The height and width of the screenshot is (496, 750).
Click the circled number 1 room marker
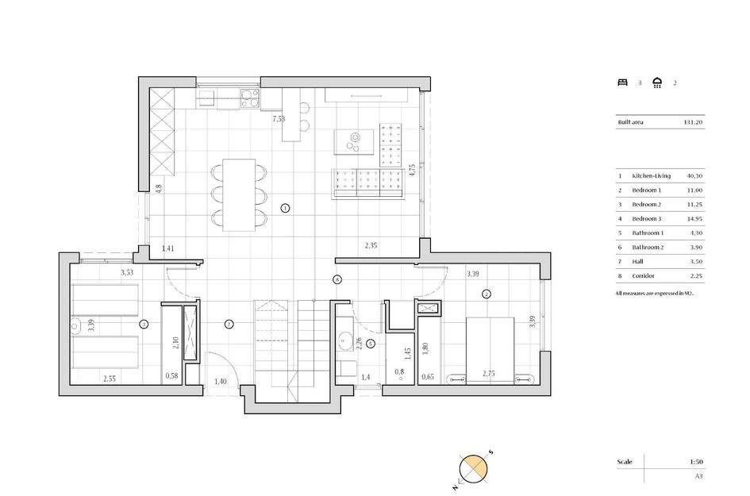point(286,209)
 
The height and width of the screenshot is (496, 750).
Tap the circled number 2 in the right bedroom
point(487,294)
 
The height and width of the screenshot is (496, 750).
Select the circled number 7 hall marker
point(229,324)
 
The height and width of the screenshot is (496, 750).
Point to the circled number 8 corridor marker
point(337,279)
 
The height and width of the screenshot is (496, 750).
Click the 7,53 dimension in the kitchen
point(279,119)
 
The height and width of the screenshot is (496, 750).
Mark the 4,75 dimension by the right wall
point(412,170)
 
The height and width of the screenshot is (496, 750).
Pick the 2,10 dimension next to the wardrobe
point(175,344)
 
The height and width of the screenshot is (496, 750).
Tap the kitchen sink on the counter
point(206,98)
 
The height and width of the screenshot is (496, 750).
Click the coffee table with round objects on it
point(354,140)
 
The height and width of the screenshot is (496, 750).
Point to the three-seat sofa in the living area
point(369,183)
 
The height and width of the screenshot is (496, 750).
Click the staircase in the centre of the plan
point(290,342)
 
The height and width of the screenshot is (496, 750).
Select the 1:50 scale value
point(697,461)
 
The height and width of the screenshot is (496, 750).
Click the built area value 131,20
point(693,122)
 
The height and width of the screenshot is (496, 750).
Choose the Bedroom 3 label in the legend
point(646,219)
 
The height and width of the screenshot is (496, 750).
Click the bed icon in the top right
point(622,82)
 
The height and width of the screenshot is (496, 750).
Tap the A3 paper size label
point(698,476)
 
